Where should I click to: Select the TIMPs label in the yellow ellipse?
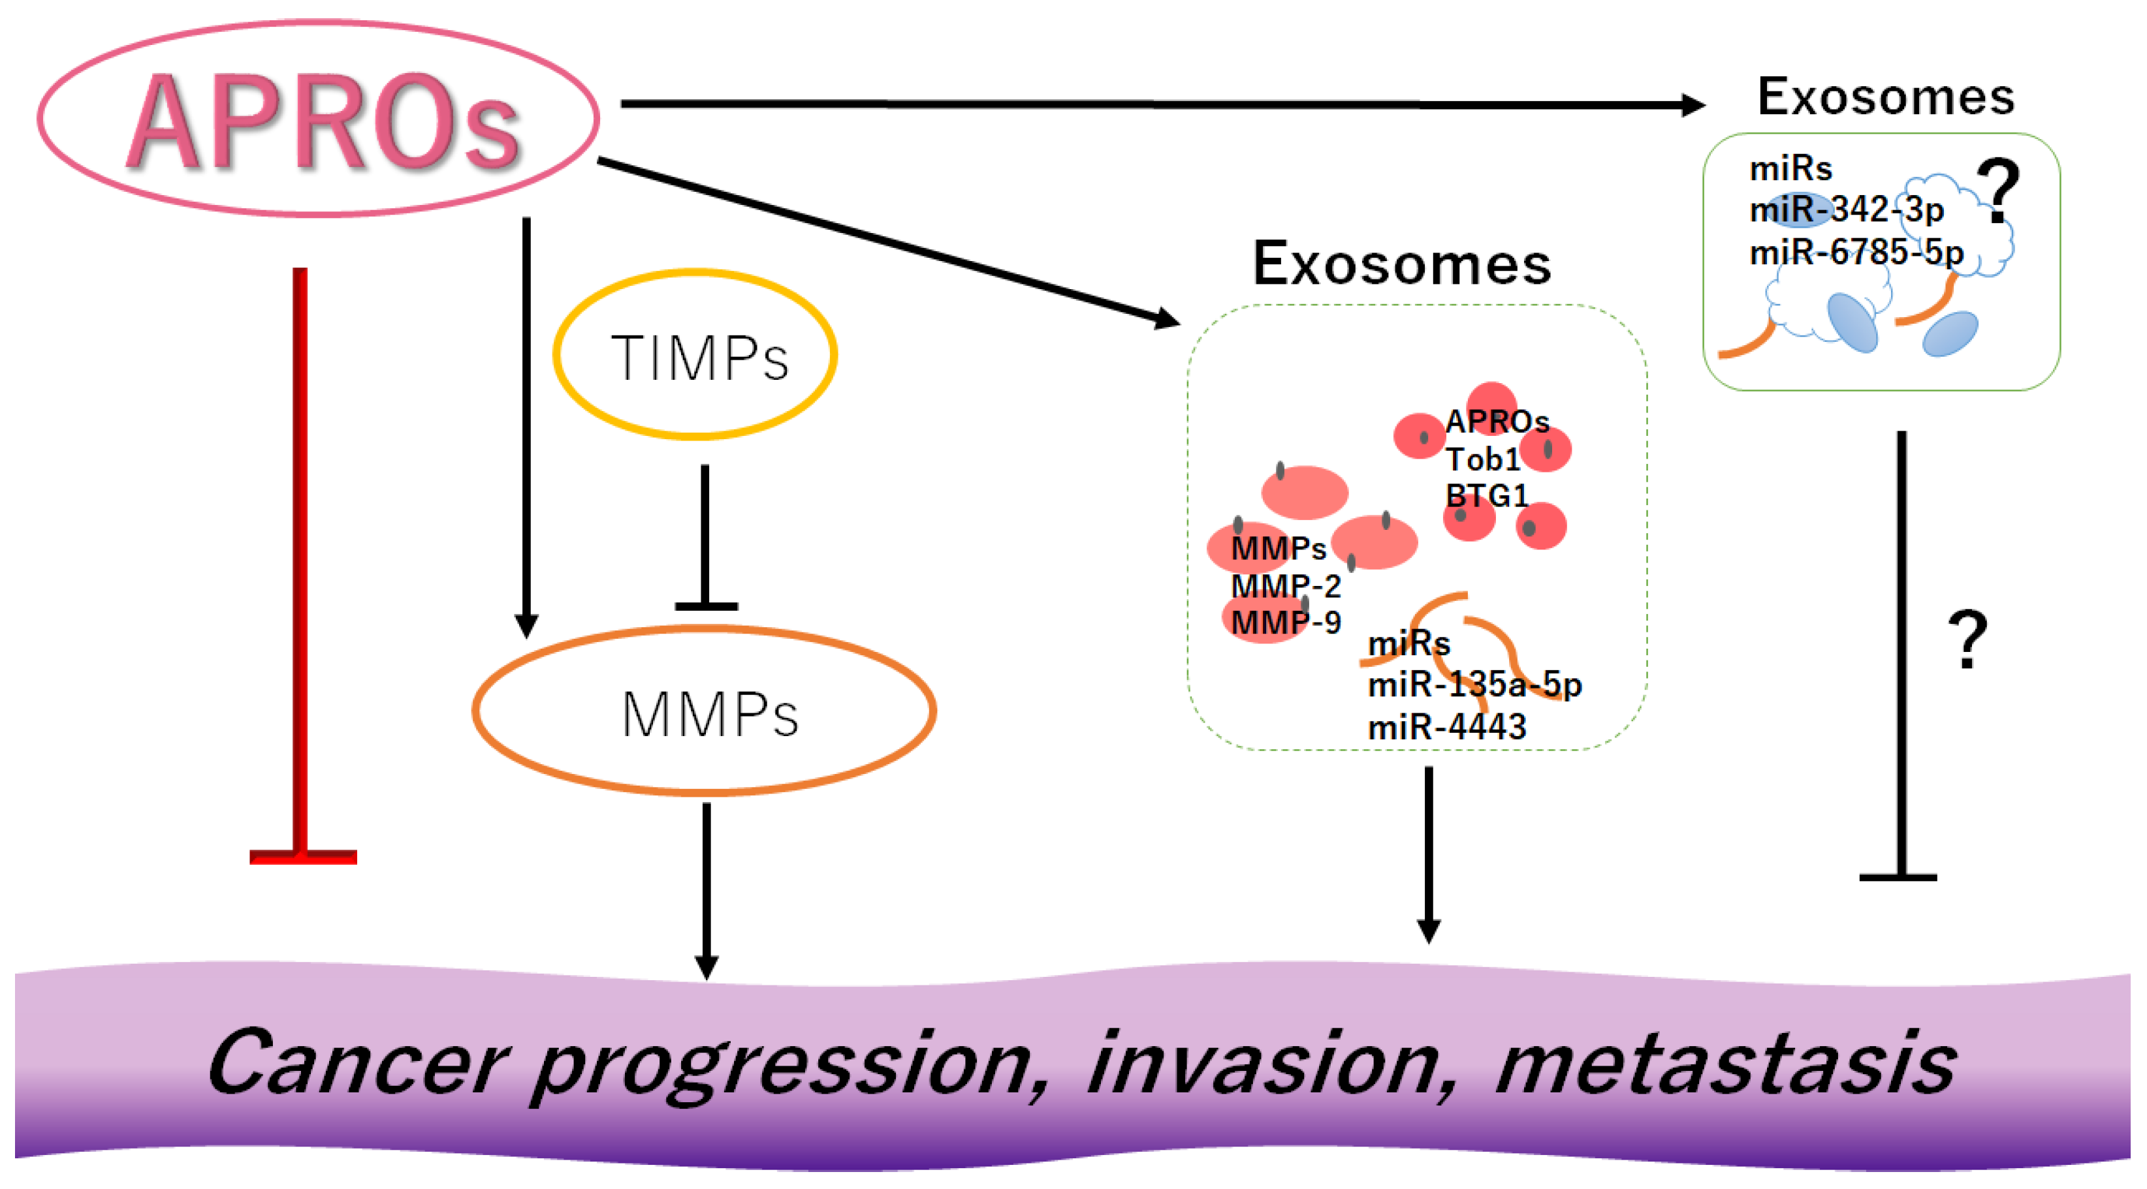(699, 358)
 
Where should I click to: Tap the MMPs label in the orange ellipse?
(709, 715)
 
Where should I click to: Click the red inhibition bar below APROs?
(302, 855)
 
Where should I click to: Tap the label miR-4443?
(1447, 726)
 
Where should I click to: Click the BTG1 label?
(1486, 496)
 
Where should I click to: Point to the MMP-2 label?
(1285, 586)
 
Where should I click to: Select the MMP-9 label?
(1285, 623)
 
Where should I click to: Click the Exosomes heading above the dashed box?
(1401, 264)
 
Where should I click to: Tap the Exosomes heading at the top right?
(1885, 97)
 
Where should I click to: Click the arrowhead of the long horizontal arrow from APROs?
(1692, 105)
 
